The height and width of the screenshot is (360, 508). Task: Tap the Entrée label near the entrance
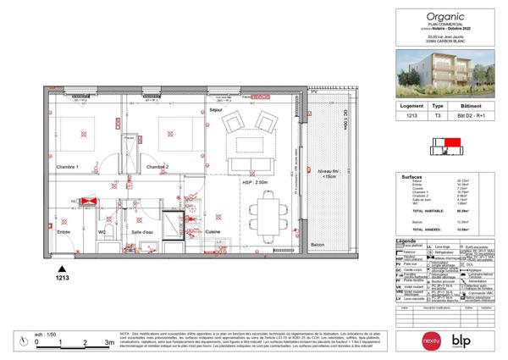coord(63,230)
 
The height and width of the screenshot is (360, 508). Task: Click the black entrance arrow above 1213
coord(61,267)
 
